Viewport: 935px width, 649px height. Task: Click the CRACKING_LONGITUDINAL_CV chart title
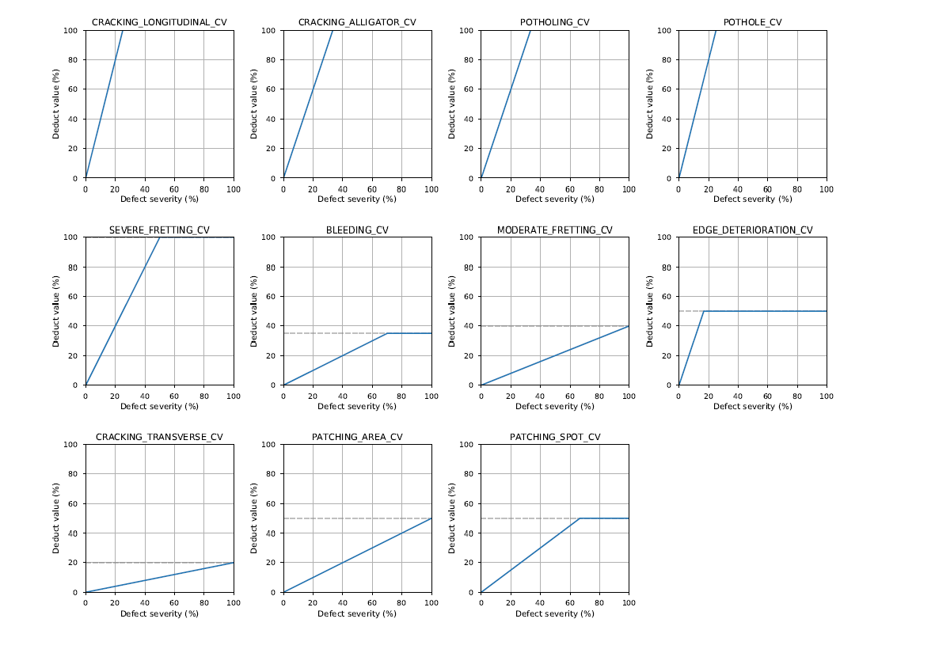tap(159, 22)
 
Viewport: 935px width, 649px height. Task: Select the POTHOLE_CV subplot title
tap(752, 22)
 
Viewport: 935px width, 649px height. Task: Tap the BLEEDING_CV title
tap(357, 230)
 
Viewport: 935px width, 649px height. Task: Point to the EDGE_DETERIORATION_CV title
tap(752, 230)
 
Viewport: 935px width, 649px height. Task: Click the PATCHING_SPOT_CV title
tap(554, 437)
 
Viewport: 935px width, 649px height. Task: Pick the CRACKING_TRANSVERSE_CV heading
tap(159, 437)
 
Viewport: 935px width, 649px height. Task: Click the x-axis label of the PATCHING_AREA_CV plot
tap(357, 613)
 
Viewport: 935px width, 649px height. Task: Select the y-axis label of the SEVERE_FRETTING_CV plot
tap(56, 311)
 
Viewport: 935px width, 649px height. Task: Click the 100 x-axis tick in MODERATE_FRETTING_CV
tap(629, 396)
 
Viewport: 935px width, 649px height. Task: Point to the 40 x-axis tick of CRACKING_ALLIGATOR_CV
tap(342, 188)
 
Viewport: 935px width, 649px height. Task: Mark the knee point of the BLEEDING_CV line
tap(387, 333)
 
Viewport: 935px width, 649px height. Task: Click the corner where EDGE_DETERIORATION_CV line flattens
tap(703, 311)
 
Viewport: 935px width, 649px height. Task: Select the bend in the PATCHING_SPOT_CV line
tap(580, 518)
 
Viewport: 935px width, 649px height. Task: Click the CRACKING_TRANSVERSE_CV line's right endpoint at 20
tap(234, 563)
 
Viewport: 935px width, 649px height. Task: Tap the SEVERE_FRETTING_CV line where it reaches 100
tap(160, 237)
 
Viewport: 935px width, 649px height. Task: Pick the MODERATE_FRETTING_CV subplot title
tap(554, 230)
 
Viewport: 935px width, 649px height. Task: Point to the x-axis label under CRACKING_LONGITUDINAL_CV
tap(159, 199)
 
